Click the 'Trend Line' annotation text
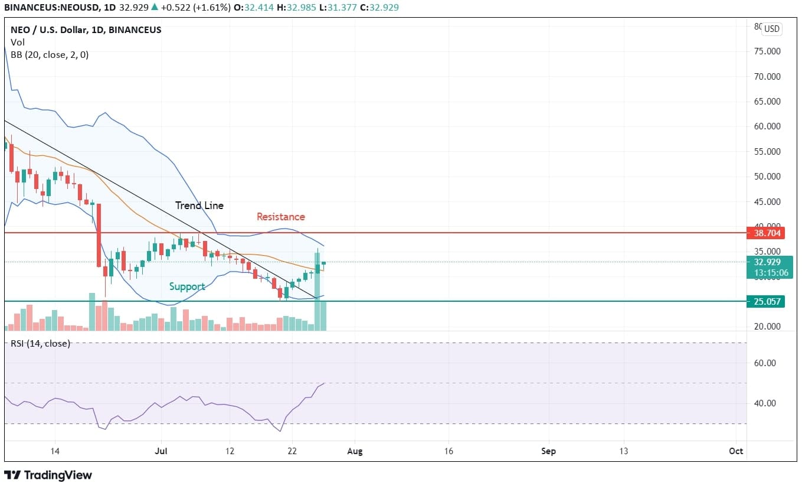199,206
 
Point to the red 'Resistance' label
280,217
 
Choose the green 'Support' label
187,286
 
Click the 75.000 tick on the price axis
768,51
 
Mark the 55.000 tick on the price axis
768,151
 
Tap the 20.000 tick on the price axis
768,327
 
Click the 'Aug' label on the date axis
355,451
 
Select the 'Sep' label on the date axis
549,451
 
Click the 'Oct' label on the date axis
735,451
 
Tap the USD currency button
772,28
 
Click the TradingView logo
48,475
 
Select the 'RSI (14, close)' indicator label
40,343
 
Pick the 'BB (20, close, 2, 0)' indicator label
50,54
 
